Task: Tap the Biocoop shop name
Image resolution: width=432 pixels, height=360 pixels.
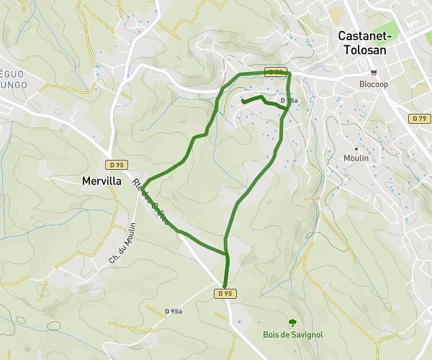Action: point(373,83)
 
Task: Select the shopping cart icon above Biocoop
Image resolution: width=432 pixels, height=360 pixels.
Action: point(373,73)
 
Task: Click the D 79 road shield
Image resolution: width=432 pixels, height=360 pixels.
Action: point(420,117)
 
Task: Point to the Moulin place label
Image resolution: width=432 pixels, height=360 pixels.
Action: point(356,158)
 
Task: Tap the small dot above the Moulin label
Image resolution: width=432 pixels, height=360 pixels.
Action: point(356,148)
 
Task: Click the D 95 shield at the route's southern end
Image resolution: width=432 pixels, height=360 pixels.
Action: point(225,293)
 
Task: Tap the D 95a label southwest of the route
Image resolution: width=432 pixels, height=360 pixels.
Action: point(173,311)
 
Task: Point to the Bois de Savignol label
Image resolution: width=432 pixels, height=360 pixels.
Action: point(292,335)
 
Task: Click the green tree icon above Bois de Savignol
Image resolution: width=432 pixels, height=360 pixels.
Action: point(292,323)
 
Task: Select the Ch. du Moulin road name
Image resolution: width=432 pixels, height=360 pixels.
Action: point(123,240)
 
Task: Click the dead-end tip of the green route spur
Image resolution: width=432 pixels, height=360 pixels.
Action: point(243,102)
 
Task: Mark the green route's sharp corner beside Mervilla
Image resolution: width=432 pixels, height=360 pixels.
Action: point(142,187)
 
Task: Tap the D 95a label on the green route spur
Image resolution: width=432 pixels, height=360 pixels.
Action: point(288,101)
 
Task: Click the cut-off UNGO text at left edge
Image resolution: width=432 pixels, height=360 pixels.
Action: point(13,85)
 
